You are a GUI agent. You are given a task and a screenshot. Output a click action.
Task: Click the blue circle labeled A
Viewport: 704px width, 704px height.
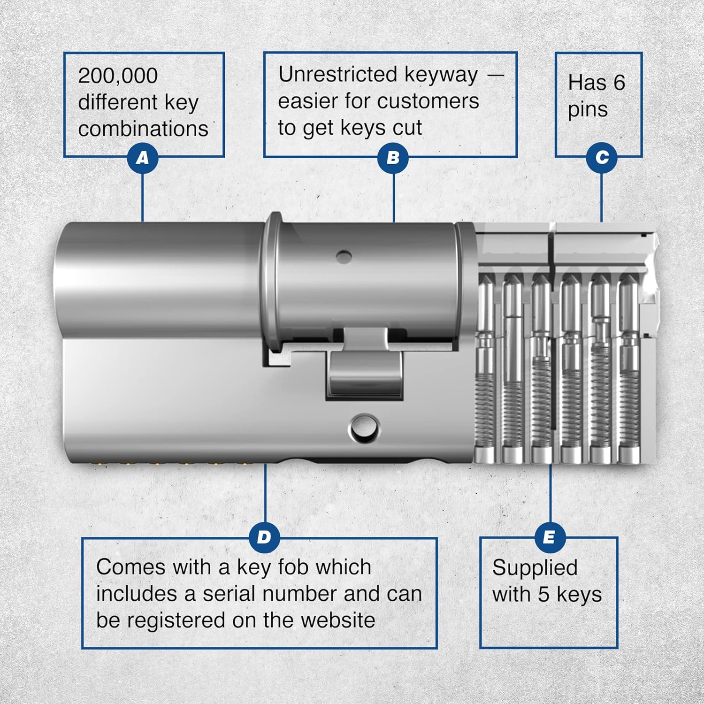click(142, 158)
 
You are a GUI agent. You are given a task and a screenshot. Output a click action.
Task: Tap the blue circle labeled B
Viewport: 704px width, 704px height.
click(393, 158)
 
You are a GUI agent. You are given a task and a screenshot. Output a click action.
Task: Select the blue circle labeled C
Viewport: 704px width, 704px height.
click(601, 158)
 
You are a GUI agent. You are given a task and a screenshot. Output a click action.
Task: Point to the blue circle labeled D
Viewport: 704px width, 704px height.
click(264, 537)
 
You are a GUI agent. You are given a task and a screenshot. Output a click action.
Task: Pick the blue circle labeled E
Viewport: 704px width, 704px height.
click(549, 537)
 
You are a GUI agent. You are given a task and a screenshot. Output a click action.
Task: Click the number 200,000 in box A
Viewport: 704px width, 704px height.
click(118, 76)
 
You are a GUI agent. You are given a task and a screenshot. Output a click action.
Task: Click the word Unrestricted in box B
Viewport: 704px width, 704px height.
click(338, 75)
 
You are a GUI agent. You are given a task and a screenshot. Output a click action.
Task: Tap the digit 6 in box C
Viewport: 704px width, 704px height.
click(620, 83)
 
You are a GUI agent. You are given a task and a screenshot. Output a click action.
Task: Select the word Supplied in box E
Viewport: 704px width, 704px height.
click(535, 568)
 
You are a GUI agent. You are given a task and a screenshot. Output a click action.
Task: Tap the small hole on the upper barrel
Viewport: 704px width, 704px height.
click(344, 257)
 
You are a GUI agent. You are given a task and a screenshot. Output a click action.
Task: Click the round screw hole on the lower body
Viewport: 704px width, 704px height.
click(364, 427)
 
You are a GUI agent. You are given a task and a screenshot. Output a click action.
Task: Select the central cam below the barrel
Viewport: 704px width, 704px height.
click(365, 373)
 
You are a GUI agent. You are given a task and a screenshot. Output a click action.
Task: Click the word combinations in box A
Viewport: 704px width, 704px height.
click(143, 129)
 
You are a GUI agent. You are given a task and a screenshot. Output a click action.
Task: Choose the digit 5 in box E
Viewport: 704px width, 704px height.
click(543, 595)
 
